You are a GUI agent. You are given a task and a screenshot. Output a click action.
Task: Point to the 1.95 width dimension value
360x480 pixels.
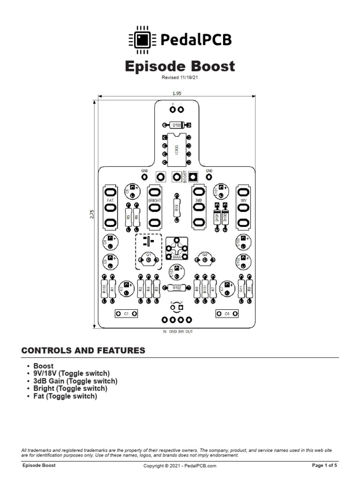click(177, 93)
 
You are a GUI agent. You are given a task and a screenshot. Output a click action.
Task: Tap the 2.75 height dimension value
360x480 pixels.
click(91, 213)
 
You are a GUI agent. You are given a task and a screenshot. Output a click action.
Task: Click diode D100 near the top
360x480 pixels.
click(177, 125)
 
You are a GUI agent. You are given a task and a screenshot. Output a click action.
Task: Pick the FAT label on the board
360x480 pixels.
click(110, 200)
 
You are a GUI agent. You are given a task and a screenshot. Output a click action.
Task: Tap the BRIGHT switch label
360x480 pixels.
click(154, 200)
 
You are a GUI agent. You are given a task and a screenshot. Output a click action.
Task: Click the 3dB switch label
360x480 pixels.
click(198, 200)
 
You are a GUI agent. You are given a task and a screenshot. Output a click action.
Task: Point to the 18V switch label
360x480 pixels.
click(243, 200)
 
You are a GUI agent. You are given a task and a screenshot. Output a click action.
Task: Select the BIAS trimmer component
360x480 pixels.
click(177, 248)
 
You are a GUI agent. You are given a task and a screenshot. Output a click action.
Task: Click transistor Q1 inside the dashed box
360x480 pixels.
click(149, 257)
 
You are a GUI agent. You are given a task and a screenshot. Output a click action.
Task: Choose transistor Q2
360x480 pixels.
click(204, 258)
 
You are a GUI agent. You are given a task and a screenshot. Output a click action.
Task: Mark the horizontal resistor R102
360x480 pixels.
click(177, 288)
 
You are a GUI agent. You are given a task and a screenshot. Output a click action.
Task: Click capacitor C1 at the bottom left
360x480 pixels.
click(126, 313)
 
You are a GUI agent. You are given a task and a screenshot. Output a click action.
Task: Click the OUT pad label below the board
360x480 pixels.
click(189, 331)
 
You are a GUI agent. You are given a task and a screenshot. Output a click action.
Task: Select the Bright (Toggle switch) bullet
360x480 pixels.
click(70, 389)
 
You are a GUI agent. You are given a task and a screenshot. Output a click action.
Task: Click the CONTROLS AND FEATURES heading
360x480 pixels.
click(83, 351)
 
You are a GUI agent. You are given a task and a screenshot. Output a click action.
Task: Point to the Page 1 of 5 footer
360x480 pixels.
click(324, 465)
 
